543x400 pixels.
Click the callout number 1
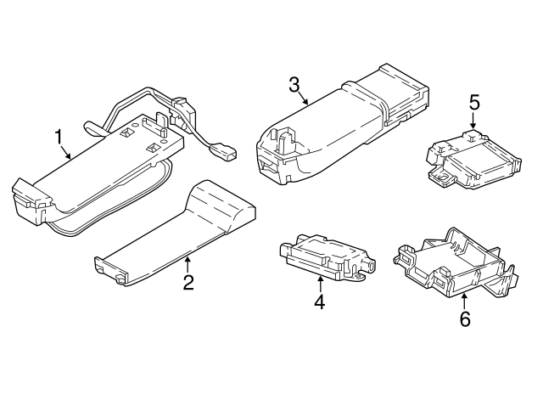(x=59, y=136)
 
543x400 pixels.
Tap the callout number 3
(x=294, y=84)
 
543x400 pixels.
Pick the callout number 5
(x=473, y=103)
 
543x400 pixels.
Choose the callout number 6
(x=463, y=318)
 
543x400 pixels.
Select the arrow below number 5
(x=473, y=122)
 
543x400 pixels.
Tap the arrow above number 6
(x=463, y=297)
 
